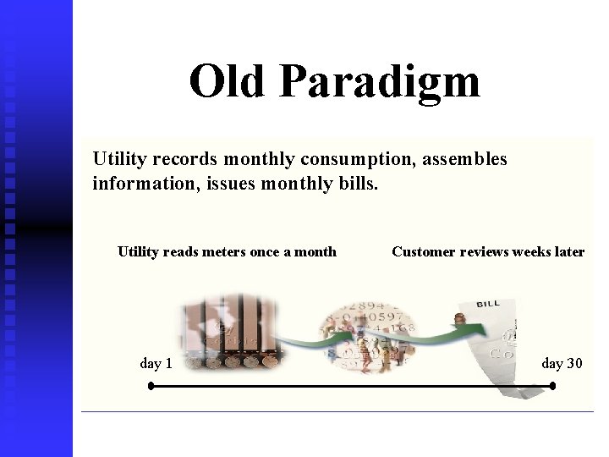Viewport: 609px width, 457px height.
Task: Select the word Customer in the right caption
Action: pos(424,251)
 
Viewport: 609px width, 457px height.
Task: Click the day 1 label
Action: pos(156,364)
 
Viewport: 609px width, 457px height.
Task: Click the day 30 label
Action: pos(562,364)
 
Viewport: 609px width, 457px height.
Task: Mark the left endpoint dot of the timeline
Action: pos(151,386)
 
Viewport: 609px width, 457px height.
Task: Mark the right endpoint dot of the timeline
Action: pos(552,386)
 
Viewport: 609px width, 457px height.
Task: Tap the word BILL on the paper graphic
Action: pos(488,304)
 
